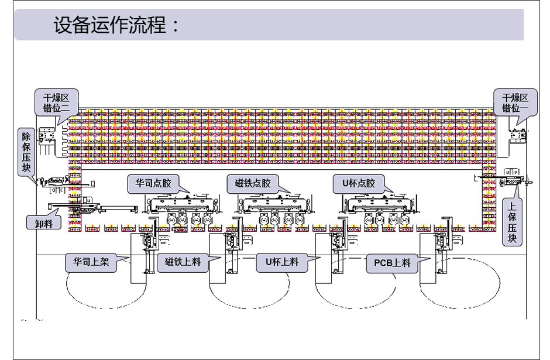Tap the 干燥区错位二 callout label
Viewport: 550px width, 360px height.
click(56, 102)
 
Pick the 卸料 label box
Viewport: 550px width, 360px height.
click(44, 222)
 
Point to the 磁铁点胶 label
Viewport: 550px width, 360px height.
click(249, 183)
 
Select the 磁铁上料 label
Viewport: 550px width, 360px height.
click(183, 262)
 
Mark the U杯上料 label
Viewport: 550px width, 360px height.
click(282, 262)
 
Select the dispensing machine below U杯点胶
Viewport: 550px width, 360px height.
click(383, 211)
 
